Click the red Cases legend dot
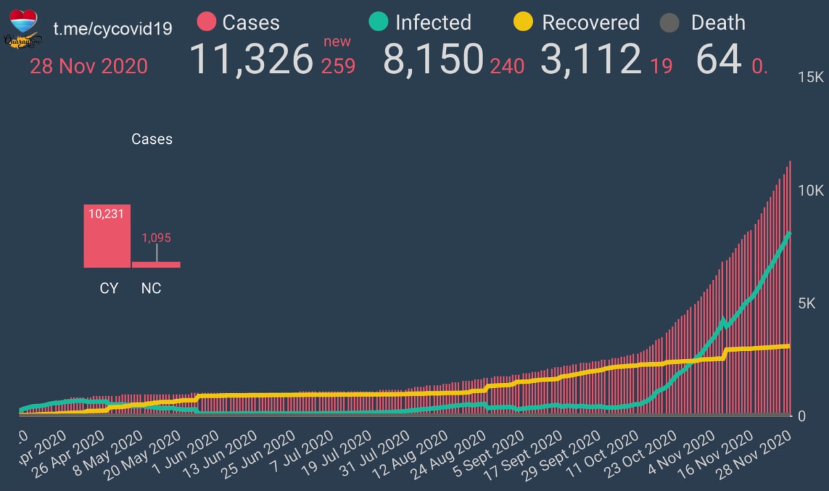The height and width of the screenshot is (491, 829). (x=206, y=23)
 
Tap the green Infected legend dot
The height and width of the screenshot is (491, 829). (x=378, y=23)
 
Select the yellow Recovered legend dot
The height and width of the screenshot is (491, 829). (x=523, y=23)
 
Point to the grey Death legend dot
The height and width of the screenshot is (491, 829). (x=669, y=23)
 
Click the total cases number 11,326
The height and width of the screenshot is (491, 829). (x=251, y=60)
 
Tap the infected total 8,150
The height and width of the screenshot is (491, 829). (x=433, y=60)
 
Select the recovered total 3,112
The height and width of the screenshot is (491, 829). (x=591, y=60)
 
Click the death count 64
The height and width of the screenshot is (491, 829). (x=718, y=60)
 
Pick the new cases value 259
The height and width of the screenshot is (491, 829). (x=338, y=66)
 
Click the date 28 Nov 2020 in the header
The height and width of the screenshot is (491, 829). (x=89, y=66)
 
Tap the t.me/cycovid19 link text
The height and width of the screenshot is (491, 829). (x=112, y=30)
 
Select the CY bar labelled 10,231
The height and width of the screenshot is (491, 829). (x=107, y=236)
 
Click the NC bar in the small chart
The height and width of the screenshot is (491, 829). (x=156, y=264)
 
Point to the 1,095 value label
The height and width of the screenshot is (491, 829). (x=156, y=238)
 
